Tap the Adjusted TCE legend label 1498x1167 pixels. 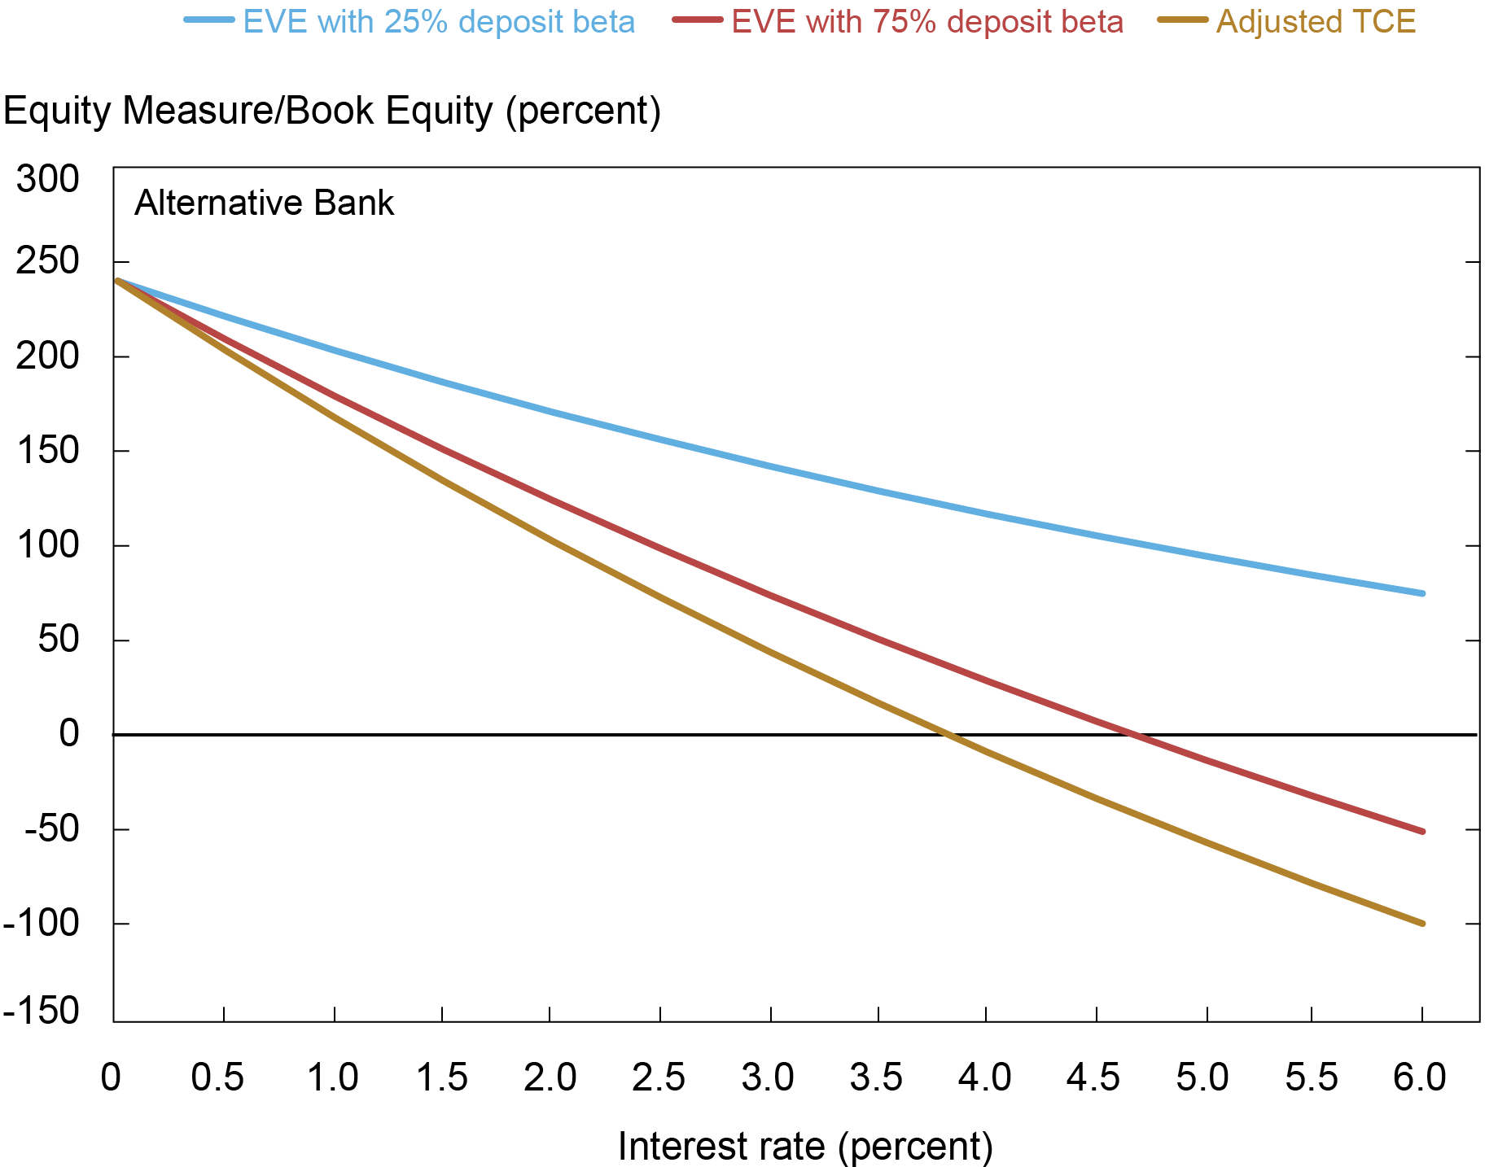pyautogui.click(x=1315, y=22)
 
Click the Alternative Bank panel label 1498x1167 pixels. pyautogui.click(x=264, y=203)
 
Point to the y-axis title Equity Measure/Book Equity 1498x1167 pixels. pyautogui.click(x=332, y=111)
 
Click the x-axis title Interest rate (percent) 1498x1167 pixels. pyautogui.click(x=805, y=1146)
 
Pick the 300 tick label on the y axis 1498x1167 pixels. pyautogui.click(x=48, y=179)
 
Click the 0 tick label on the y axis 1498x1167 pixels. pyautogui.click(x=69, y=734)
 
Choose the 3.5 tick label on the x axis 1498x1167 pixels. pyautogui.click(x=877, y=1077)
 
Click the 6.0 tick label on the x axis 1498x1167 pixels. pyautogui.click(x=1421, y=1077)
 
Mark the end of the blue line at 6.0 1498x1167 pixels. pyautogui.click(x=1422, y=593)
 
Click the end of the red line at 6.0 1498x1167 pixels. pyautogui.click(x=1422, y=831)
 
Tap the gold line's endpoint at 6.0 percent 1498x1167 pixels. pyautogui.click(x=1422, y=923)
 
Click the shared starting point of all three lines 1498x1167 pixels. pyautogui.click(x=118, y=281)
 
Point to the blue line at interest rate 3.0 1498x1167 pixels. pyautogui.click(x=770, y=466)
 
